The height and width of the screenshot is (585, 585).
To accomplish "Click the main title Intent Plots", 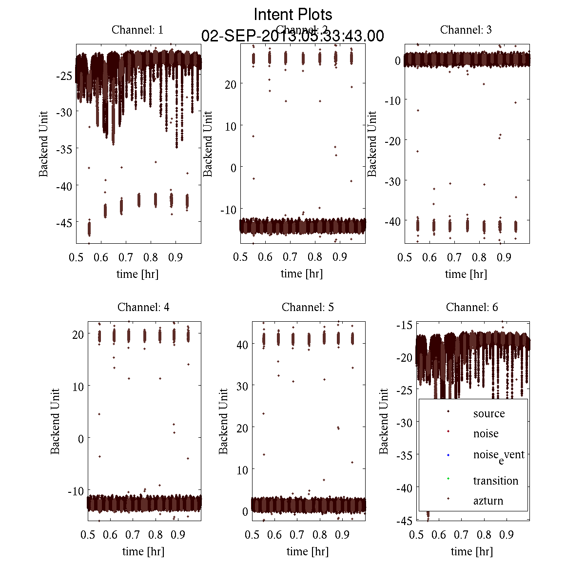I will point(293,14).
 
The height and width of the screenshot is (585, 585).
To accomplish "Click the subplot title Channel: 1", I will point(137,30).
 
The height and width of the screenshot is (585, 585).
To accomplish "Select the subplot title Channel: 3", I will point(466,30).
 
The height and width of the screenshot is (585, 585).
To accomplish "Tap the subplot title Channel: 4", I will point(143,307).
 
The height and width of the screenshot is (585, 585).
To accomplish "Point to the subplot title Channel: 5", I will point(308,307).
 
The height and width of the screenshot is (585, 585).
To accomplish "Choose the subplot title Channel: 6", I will point(472,307).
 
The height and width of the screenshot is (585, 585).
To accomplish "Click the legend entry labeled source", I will point(489,414).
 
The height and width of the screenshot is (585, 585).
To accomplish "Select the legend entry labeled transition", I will point(495,481).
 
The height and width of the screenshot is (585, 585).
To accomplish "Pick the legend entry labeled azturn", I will point(488,501).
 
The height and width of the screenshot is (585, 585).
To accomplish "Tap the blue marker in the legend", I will point(448,455).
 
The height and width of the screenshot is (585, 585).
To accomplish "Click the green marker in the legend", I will point(448,479).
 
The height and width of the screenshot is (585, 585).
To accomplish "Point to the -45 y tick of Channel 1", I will point(64,223).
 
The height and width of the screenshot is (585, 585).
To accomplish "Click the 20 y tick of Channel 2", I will point(230,84).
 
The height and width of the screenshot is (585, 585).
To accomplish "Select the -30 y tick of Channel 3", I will point(392,181).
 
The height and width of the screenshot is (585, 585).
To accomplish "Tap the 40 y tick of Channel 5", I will point(242,345).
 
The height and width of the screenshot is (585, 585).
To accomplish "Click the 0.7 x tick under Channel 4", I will point(133,535).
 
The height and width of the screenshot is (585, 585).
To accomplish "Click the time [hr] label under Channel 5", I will point(308,551).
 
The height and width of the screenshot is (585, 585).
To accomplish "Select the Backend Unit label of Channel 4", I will point(55,422).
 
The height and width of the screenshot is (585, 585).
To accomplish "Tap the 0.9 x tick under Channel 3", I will point(504,257).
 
